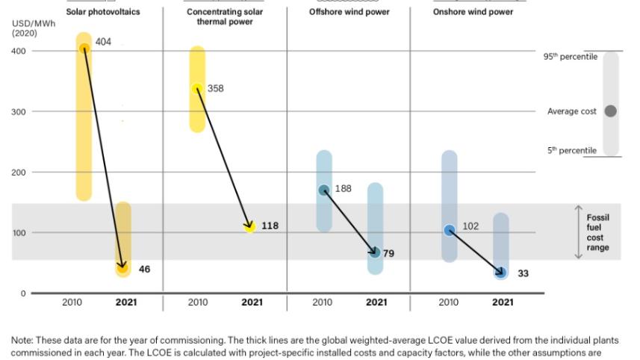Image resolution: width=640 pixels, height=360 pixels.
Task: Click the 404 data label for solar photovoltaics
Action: (x=103, y=42)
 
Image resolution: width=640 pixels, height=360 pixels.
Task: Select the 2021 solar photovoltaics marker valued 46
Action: (x=122, y=267)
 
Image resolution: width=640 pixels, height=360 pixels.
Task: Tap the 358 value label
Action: (x=215, y=88)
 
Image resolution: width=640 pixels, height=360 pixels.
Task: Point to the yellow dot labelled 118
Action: (x=249, y=226)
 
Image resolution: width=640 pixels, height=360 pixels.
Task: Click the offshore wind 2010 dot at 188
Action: (x=324, y=190)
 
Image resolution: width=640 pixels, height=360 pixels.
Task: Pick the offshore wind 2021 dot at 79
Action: (x=375, y=252)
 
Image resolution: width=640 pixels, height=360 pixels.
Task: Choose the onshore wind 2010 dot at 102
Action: (x=450, y=230)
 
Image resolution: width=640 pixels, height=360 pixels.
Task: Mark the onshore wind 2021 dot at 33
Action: (x=501, y=273)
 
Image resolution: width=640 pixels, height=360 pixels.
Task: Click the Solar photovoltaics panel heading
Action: (x=103, y=12)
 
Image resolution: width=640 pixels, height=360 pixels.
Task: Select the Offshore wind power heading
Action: (x=349, y=12)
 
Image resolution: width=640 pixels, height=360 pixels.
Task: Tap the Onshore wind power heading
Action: (x=473, y=12)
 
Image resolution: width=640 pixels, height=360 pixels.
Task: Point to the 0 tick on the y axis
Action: (x=23, y=294)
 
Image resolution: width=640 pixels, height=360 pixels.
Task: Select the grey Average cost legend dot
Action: (x=610, y=111)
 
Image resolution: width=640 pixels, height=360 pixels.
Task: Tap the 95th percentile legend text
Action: (x=570, y=57)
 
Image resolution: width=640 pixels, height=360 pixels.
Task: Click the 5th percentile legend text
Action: (x=572, y=151)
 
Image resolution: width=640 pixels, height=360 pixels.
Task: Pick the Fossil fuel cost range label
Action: (x=597, y=232)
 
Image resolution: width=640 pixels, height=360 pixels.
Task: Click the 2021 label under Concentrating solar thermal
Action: (x=252, y=302)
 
